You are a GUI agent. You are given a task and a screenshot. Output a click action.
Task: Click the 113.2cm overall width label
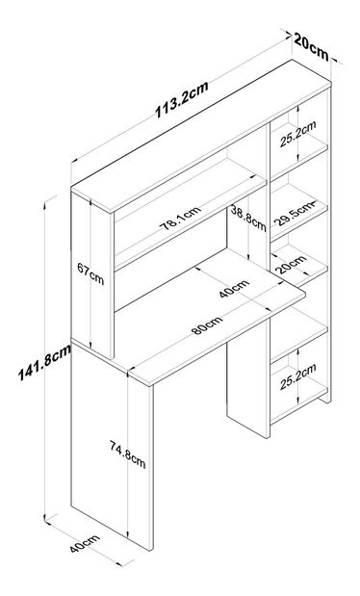[182, 99]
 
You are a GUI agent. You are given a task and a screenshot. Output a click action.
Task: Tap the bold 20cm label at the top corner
[311, 47]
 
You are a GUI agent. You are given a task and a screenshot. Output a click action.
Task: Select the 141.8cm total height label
[44, 362]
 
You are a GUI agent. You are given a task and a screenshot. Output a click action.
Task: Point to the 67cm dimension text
[90, 273]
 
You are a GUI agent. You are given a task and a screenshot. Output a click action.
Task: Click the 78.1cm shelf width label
[179, 219]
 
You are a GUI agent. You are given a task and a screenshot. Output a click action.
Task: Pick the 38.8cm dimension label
[247, 219]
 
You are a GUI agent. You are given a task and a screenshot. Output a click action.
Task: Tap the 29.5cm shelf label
[295, 215]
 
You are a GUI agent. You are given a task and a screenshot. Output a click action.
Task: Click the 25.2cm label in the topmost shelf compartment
[298, 134]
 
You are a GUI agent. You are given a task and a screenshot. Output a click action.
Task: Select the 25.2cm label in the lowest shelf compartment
[298, 377]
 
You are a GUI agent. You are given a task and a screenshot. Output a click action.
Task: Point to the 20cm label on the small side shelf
[292, 264]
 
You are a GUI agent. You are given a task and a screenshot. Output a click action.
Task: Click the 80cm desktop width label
[207, 325]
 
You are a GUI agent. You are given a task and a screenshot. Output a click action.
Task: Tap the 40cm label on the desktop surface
[234, 289]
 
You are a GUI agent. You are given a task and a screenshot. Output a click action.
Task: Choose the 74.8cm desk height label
[128, 453]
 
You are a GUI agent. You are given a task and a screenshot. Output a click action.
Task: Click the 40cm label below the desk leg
[85, 544]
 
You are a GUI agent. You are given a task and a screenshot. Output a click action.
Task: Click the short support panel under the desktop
[247, 384]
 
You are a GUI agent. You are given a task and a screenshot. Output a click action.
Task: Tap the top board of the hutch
[201, 136]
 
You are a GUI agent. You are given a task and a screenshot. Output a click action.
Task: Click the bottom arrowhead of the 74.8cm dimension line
[128, 536]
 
